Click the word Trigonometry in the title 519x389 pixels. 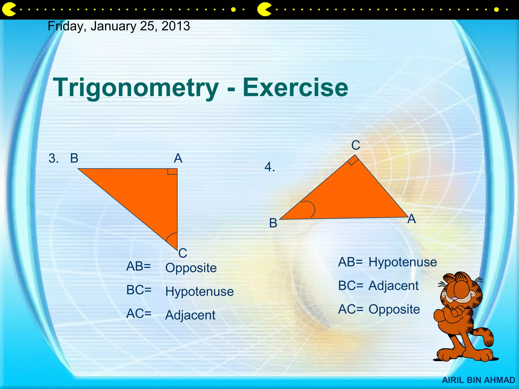[x=136, y=88]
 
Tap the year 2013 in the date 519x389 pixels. [x=176, y=26]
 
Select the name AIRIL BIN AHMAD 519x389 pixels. [x=478, y=380]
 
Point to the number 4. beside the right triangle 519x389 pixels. [x=269, y=167]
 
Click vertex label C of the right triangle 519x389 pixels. [x=356, y=145]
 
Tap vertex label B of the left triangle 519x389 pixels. [x=74, y=158]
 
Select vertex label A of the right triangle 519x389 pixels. [x=412, y=219]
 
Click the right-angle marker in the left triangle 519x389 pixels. [x=172, y=171]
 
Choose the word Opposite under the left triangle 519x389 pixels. [x=191, y=268]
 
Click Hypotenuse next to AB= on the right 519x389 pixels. [x=402, y=262]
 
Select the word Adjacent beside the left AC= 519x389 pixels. [x=190, y=315]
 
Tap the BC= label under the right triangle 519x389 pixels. [x=350, y=286]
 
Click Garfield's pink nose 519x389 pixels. [x=455, y=299]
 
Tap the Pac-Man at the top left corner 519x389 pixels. [x=8, y=10]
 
